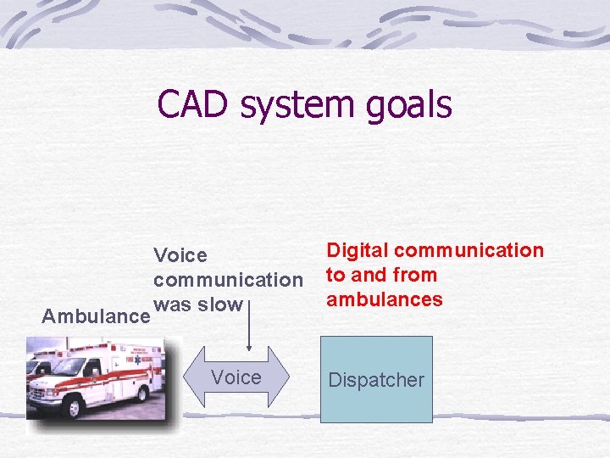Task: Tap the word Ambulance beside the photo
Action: [96, 316]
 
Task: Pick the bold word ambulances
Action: [385, 299]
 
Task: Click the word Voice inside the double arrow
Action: [236, 377]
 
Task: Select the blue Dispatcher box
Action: [376, 379]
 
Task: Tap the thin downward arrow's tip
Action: [249, 348]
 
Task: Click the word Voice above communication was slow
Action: [180, 255]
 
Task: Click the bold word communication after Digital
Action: [469, 250]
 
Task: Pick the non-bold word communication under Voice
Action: [228, 280]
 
